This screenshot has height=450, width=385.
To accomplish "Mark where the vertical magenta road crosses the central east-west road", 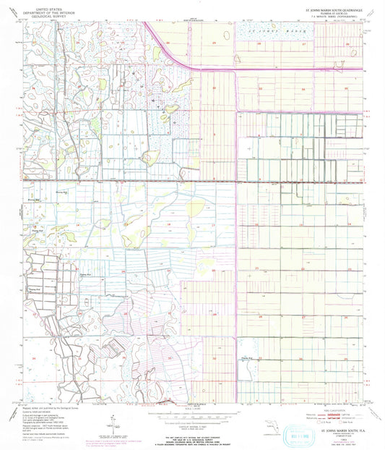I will click(238, 181).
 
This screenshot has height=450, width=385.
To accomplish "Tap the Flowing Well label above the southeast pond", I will click(247, 357).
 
